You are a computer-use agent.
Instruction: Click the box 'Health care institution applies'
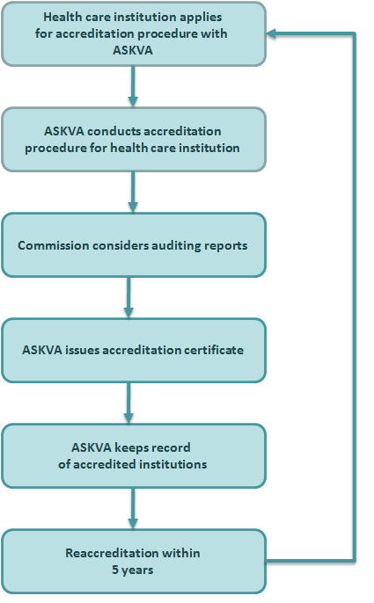[134, 33]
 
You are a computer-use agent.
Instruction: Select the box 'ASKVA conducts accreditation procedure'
[134, 139]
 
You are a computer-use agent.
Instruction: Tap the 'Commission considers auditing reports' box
[134, 245]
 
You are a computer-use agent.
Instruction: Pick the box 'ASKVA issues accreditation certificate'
[134, 351]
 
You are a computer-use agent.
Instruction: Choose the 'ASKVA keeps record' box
[134, 455]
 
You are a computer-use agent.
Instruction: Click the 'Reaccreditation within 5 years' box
[134, 562]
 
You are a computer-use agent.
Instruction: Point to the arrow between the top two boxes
[133, 86]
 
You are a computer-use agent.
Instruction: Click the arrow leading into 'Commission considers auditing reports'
[133, 192]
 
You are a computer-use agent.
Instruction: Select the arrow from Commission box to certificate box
[128, 297]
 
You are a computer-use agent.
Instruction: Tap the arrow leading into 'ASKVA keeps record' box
[128, 403]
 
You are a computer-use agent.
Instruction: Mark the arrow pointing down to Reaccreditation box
[133, 508]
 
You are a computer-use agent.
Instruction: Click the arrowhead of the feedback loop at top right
[271, 33]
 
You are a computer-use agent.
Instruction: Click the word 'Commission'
[53, 245]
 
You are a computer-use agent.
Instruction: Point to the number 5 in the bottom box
[115, 570]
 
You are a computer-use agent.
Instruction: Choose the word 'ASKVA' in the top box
[133, 50]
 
